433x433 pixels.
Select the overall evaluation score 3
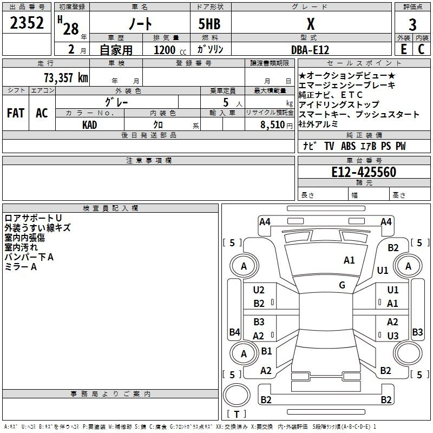(x=412, y=24)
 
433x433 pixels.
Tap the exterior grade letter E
(x=403, y=49)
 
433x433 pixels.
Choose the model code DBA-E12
(x=309, y=49)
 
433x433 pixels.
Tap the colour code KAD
(x=90, y=124)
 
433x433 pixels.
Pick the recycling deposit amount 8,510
(x=272, y=124)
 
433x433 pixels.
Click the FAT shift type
(x=15, y=113)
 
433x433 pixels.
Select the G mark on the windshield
(x=342, y=285)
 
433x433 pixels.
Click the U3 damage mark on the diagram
(x=393, y=336)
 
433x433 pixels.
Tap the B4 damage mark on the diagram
(x=234, y=332)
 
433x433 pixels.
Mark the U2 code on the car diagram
(x=259, y=290)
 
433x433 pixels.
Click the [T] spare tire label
(x=237, y=415)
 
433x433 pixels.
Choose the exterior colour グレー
(x=116, y=101)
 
